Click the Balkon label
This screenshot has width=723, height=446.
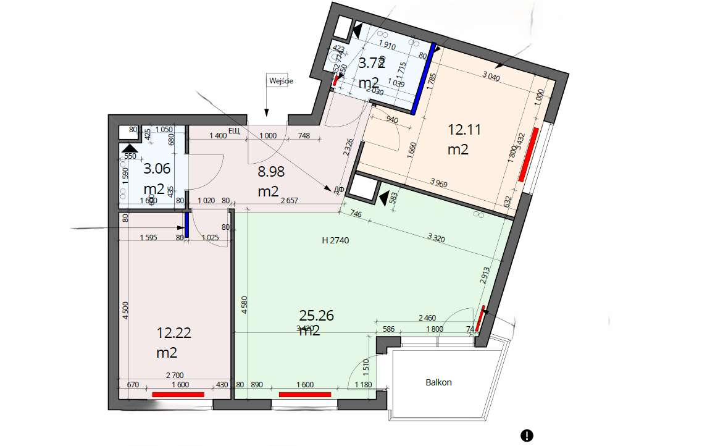(438, 382)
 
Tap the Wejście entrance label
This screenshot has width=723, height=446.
(280, 80)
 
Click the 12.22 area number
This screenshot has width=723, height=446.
(173, 334)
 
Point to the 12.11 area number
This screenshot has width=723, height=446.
(464, 130)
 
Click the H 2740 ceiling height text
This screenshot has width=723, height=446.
(335, 241)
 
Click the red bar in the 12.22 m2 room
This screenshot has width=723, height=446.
(178, 393)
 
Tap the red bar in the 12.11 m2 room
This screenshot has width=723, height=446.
(530, 154)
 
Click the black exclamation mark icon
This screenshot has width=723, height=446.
(526, 435)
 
